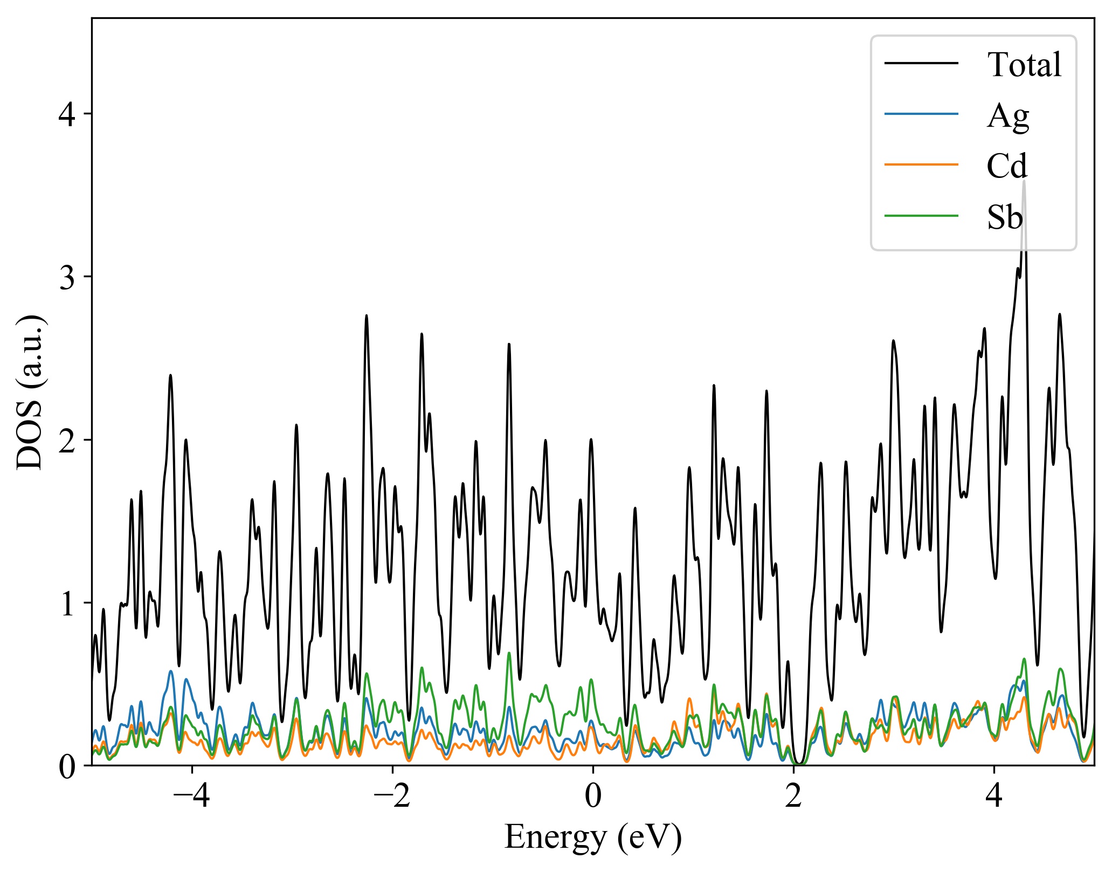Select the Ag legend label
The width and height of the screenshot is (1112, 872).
[x=1007, y=116]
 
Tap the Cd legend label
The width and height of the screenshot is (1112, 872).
[x=1006, y=166]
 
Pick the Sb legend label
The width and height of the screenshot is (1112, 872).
[x=1004, y=217]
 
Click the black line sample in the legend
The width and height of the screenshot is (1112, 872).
[x=921, y=63]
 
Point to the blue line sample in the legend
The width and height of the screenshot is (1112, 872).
[x=921, y=114]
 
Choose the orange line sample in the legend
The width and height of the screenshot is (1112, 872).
[x=921, y=164]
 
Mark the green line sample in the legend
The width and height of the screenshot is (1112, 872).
[x=921, y=216]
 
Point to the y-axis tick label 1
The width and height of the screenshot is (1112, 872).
[x=67, y=603]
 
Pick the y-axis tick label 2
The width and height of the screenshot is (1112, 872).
[x=67, y=441]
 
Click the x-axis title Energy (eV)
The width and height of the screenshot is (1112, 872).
[x=593, y=837]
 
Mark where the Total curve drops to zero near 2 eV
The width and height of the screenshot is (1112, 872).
[x=800, y=764]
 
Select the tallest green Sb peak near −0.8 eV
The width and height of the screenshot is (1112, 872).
[x=509, y=653]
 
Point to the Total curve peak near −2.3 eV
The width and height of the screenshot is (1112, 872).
[x=367, y=316]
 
